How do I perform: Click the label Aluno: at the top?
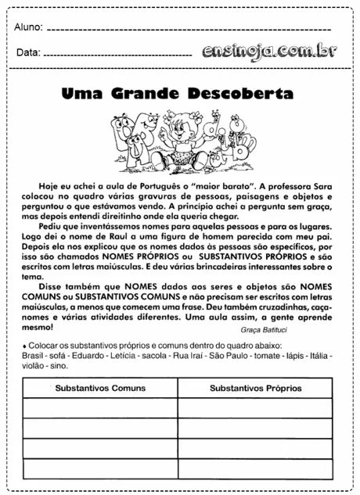[x=29, y=27]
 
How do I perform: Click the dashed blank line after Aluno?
[x=196, y=30]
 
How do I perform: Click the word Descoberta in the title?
[x=241, y=94]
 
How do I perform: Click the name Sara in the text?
[x=329, y=186]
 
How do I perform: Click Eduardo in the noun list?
[x=95, y=355]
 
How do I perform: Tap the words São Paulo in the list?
[x=228, y=355]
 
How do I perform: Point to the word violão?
[x=35, y=365]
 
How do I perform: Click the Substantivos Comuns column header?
[x=100, y=388]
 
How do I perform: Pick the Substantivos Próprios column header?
[x=256, y=388]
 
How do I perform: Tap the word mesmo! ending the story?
[x=37, y=328]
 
